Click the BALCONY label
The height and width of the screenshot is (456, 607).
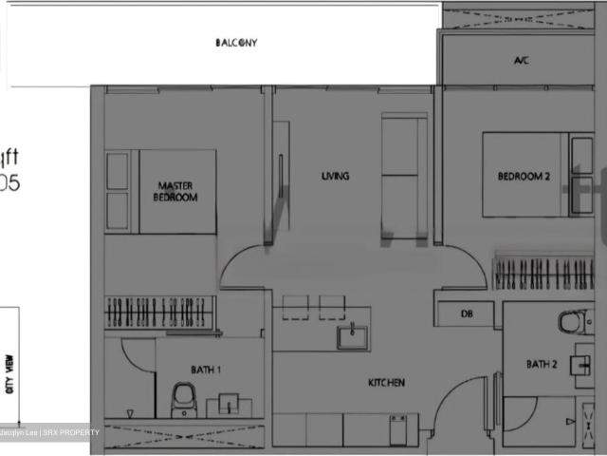(236, 43)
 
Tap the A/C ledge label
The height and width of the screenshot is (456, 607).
(521, 61)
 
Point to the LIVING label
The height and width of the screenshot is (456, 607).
(335, 176)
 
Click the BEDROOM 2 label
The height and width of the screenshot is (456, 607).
(524, 176)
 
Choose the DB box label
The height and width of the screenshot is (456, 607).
(467, 313)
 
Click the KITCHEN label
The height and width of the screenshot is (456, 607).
(387, 383)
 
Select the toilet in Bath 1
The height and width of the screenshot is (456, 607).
(182, 401)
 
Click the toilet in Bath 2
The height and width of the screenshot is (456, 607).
(572, 322)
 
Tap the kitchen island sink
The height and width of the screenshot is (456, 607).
(353, 335)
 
